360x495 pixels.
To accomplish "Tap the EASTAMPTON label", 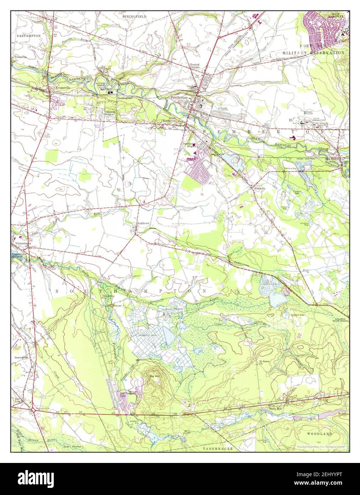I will click(x=29, y=36).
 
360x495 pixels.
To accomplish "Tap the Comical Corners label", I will click(x=194, y=66).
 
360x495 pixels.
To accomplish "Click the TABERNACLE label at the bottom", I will click(x=218, y=449).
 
